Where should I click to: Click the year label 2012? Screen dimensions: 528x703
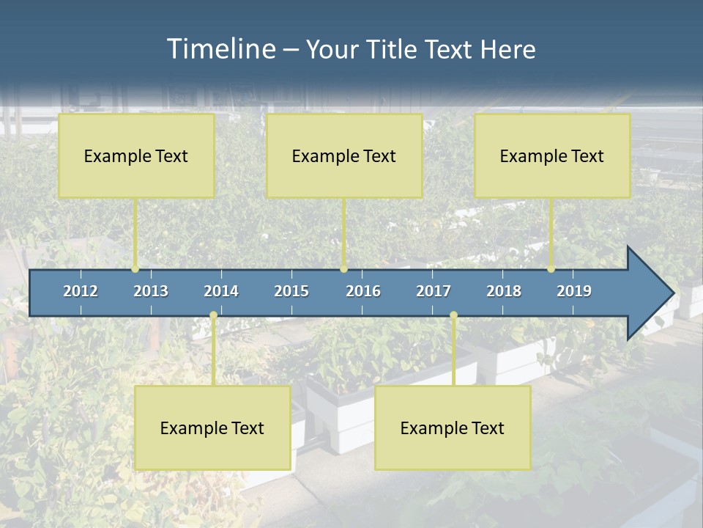[x=81, y=291]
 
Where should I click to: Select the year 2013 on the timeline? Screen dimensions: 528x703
[x=151, y=291]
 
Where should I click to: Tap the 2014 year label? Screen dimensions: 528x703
[x=221, y=291]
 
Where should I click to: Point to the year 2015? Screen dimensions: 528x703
[x=291, y=291]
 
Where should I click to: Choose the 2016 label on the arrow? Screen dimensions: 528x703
[x=363, y=291]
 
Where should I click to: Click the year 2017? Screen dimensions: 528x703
[x=434, y=291]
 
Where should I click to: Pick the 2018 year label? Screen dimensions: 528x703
[x=504, y=291]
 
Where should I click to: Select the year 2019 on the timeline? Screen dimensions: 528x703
[x=574, y=291]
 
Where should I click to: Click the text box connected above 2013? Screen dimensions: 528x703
[x=136, y=155]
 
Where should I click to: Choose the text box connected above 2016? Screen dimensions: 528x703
[x=344, y=155]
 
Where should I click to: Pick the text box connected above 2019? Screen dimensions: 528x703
[x=552, y=155]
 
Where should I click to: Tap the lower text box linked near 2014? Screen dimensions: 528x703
[x=212, y=428]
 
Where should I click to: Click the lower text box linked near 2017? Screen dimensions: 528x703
[x=453, y=428]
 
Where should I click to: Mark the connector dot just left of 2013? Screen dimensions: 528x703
[x=135, y=269]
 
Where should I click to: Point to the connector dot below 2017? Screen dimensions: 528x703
[x=453, y=315]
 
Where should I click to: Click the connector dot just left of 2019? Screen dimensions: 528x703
[x=551, y=269]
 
